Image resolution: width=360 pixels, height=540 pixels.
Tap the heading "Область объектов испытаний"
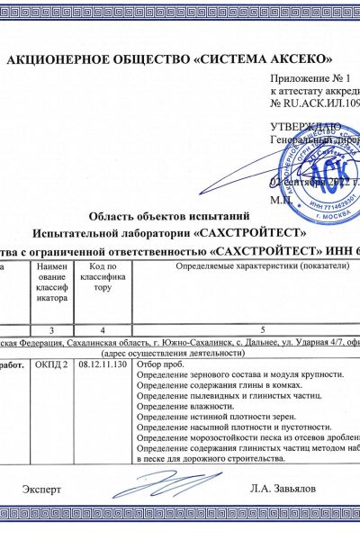pos(170,215)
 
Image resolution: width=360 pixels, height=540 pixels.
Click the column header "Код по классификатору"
pos(103,280)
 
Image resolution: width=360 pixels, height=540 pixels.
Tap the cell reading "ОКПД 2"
pos(50,365)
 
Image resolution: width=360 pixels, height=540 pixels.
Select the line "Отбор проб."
pos(161,364)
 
